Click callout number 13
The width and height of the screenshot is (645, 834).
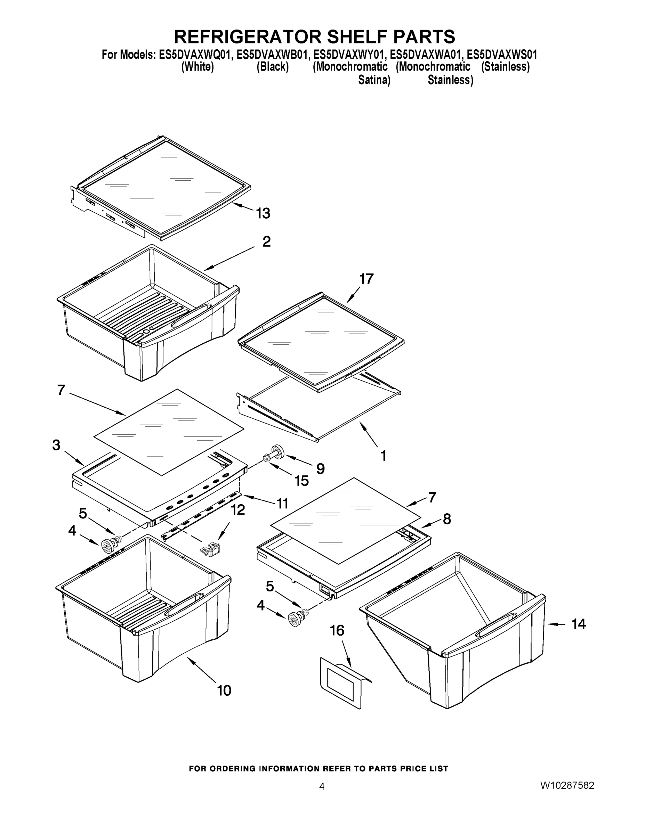pos(263,213)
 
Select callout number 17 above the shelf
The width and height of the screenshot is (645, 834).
pos(366,279)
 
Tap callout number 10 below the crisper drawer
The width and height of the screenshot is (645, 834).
pos(224,690)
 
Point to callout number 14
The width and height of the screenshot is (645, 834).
pos(579,624)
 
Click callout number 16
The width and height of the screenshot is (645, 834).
pos(337,630)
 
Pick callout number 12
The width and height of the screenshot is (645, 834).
pos(238,509)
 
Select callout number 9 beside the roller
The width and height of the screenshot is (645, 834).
pos(320,468)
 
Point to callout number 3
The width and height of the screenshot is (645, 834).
pos(56,445)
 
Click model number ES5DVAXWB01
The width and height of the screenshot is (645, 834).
pos(272,55)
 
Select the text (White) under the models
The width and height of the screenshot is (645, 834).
pos(197,67)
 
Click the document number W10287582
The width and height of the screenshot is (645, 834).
pos(567,785)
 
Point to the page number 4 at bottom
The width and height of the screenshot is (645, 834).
pos(322,786)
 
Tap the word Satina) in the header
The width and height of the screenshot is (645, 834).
pos(374,80)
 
